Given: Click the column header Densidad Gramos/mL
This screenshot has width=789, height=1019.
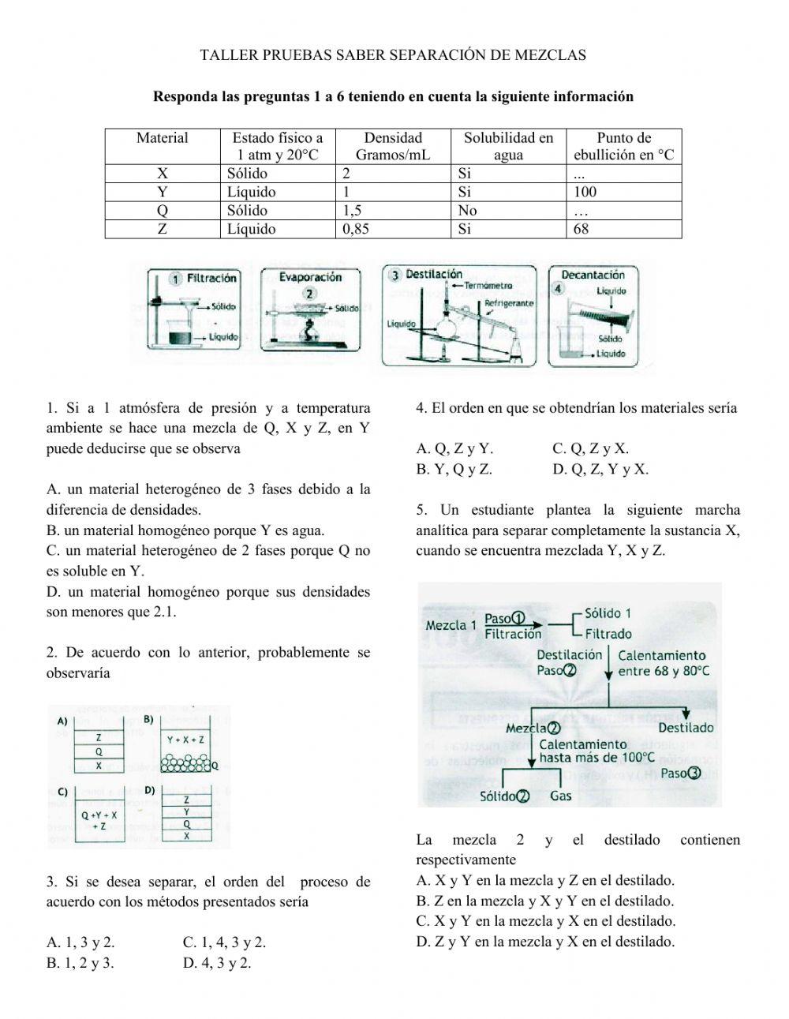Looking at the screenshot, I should coord(393,146).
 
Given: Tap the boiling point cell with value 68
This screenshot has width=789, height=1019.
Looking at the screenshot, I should coord(581,229).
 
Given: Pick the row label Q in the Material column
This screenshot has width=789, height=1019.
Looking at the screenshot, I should coord(162,211).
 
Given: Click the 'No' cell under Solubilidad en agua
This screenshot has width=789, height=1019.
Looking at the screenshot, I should coord(467,211).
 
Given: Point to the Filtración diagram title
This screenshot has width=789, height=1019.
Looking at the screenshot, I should coord(211,278).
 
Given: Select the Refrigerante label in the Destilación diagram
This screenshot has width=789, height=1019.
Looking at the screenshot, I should coord(508,303).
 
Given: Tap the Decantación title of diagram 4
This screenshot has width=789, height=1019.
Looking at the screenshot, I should coord(592,275).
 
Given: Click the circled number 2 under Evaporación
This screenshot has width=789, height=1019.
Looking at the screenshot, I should coord(310,293).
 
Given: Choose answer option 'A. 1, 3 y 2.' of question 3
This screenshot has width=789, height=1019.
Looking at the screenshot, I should coord(80,942).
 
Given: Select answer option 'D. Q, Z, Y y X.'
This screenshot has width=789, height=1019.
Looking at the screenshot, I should coord(600,469).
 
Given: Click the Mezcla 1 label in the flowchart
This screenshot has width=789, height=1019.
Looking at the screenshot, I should coord(451,625).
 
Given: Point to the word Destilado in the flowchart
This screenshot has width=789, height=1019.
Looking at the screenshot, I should coord(685,728).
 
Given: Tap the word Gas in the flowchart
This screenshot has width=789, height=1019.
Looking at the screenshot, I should coord(561,796).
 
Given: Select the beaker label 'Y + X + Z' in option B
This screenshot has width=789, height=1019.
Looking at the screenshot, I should coord(185,740).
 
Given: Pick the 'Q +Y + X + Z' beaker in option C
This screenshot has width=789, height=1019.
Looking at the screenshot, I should coord(99,820).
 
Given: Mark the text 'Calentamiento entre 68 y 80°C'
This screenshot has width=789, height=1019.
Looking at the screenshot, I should coord(663,663).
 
